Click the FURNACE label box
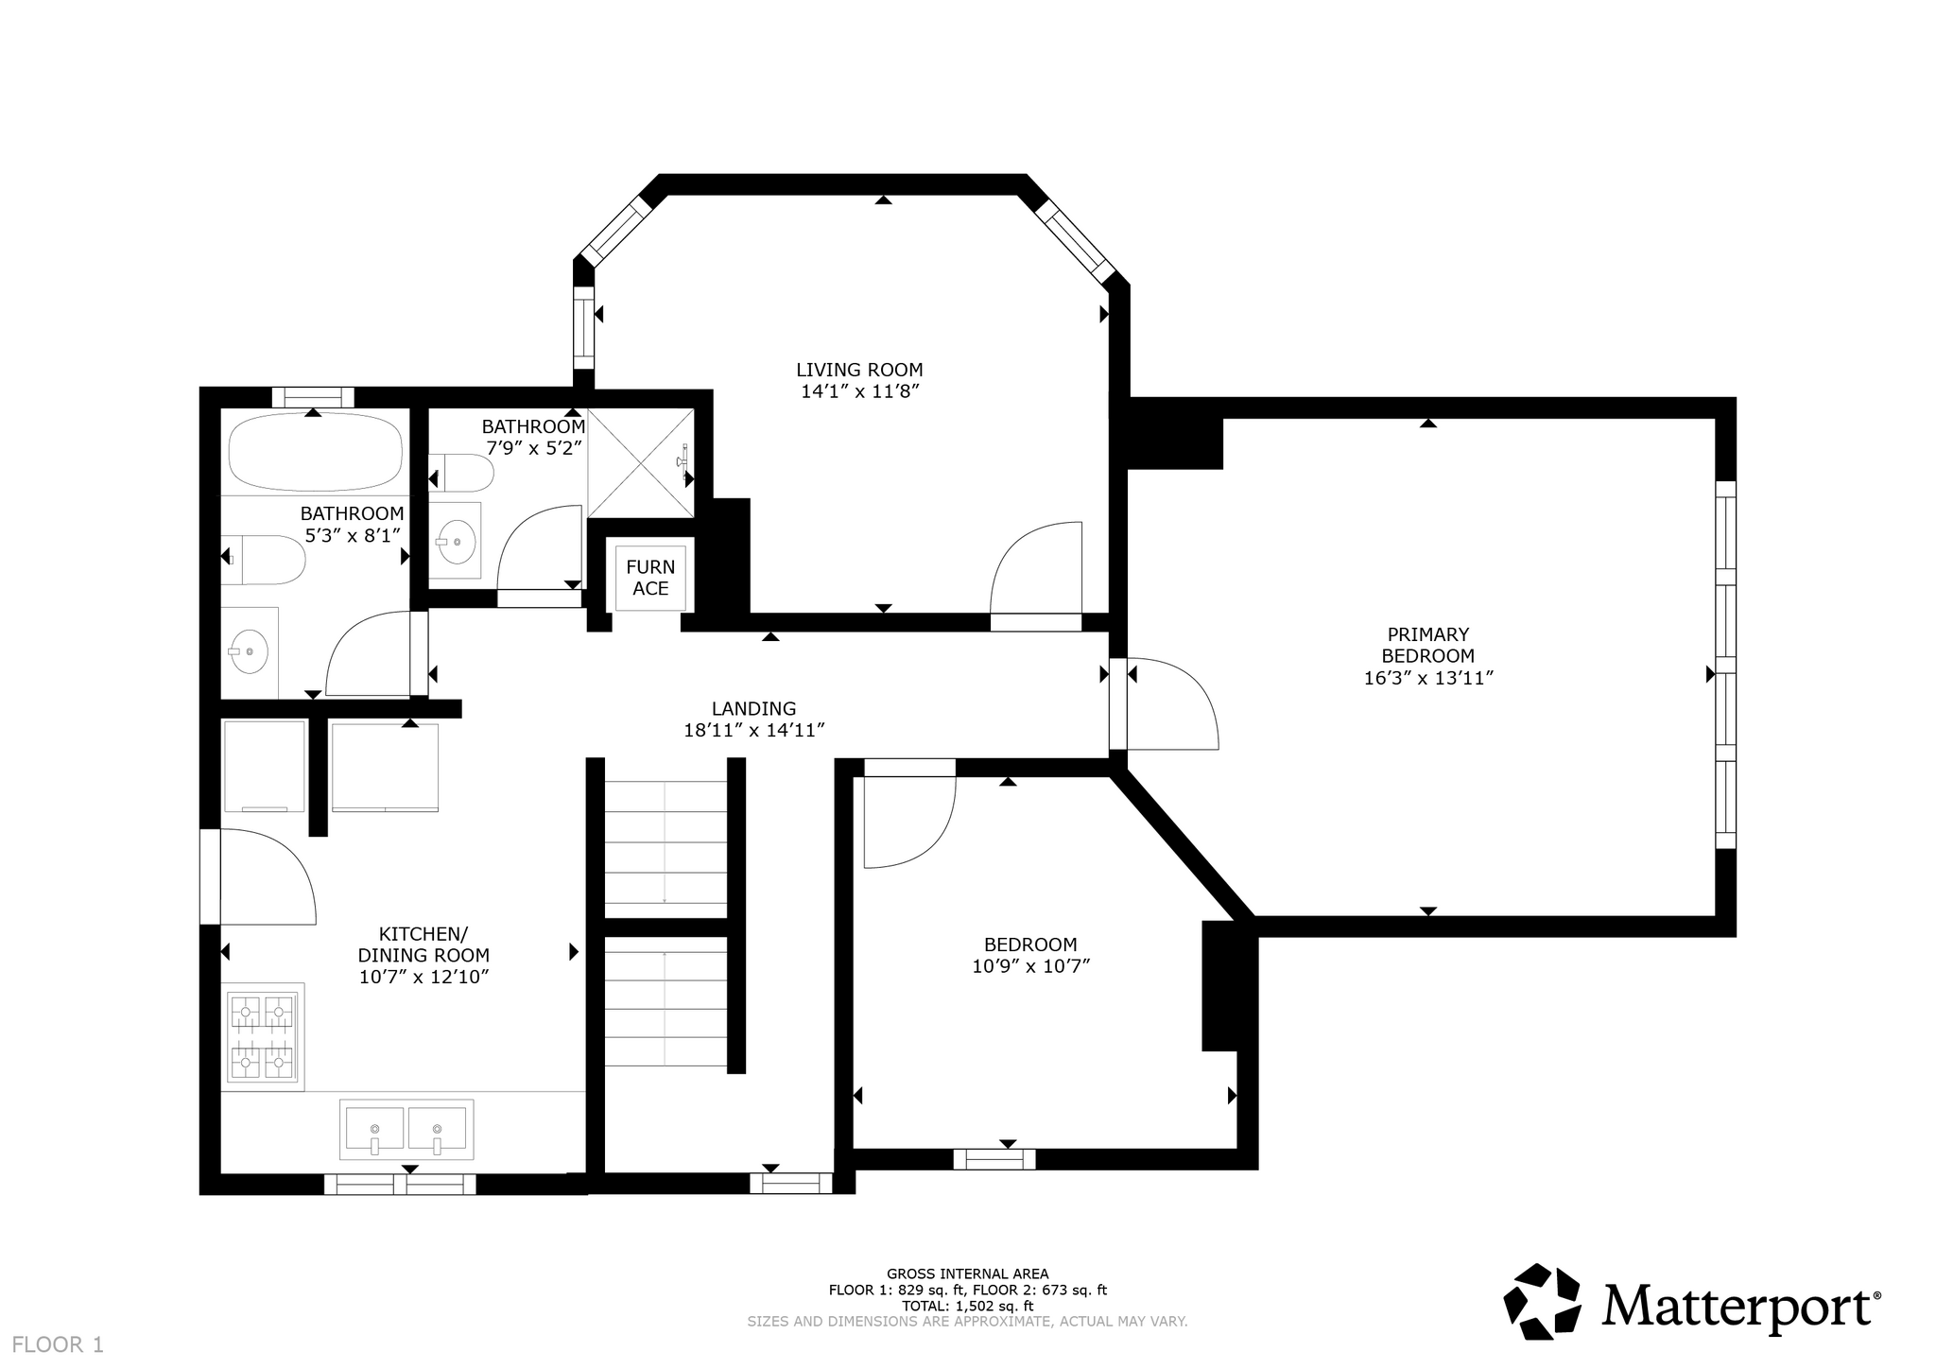tap(650, 578)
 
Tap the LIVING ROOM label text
tap(859, 370)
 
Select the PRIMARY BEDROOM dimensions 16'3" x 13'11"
tap(1427, 678)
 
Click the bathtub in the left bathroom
tap(316, 453)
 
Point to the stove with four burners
tap(263, 1037)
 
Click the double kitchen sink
tap(406, 1129)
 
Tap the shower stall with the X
tap(641, 463)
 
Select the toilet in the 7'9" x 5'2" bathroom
tap(460, 473)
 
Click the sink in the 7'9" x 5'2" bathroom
tap(457, 543)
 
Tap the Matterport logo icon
tap(1542, 1300)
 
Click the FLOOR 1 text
tap(59, 1344)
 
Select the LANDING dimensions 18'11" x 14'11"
tap(754, 730)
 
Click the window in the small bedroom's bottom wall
tap(994, 1158)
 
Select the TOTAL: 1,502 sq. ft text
tap(967, 1306)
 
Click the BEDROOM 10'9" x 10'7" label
tap(1030, 955)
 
